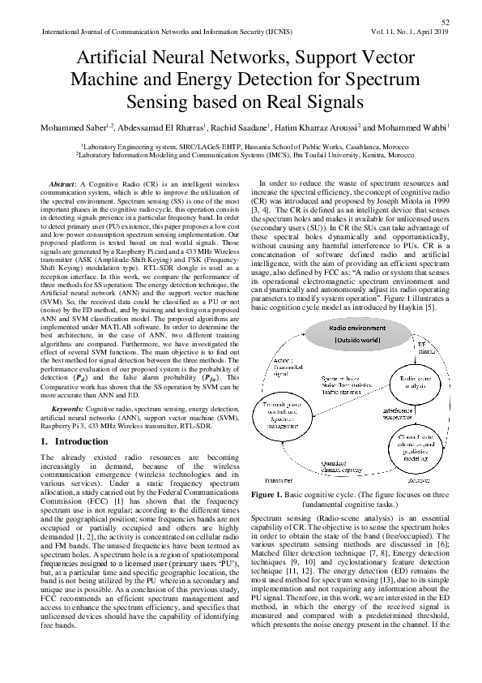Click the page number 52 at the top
point(445,22)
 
